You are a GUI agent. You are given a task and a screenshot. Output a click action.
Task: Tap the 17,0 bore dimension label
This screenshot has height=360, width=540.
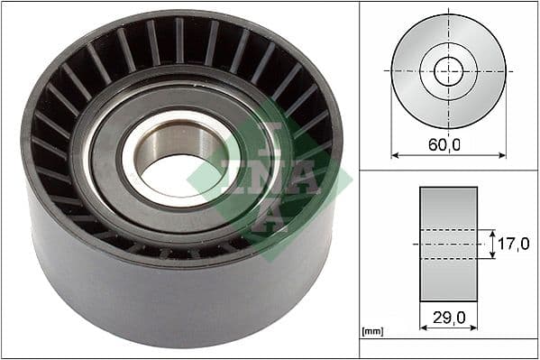(514, 245)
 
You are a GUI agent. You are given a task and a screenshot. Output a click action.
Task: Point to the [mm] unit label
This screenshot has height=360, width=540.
(371, 332)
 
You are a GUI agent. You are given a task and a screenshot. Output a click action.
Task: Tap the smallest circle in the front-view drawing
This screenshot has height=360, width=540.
(448, 70)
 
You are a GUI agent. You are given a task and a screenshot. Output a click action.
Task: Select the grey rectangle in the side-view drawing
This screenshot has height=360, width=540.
(448, 244)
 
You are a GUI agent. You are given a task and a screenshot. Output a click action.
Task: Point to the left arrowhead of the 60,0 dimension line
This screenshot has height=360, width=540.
(394, 155)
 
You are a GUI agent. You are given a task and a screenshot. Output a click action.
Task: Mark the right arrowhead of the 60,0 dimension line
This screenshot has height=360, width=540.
(503, 155)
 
